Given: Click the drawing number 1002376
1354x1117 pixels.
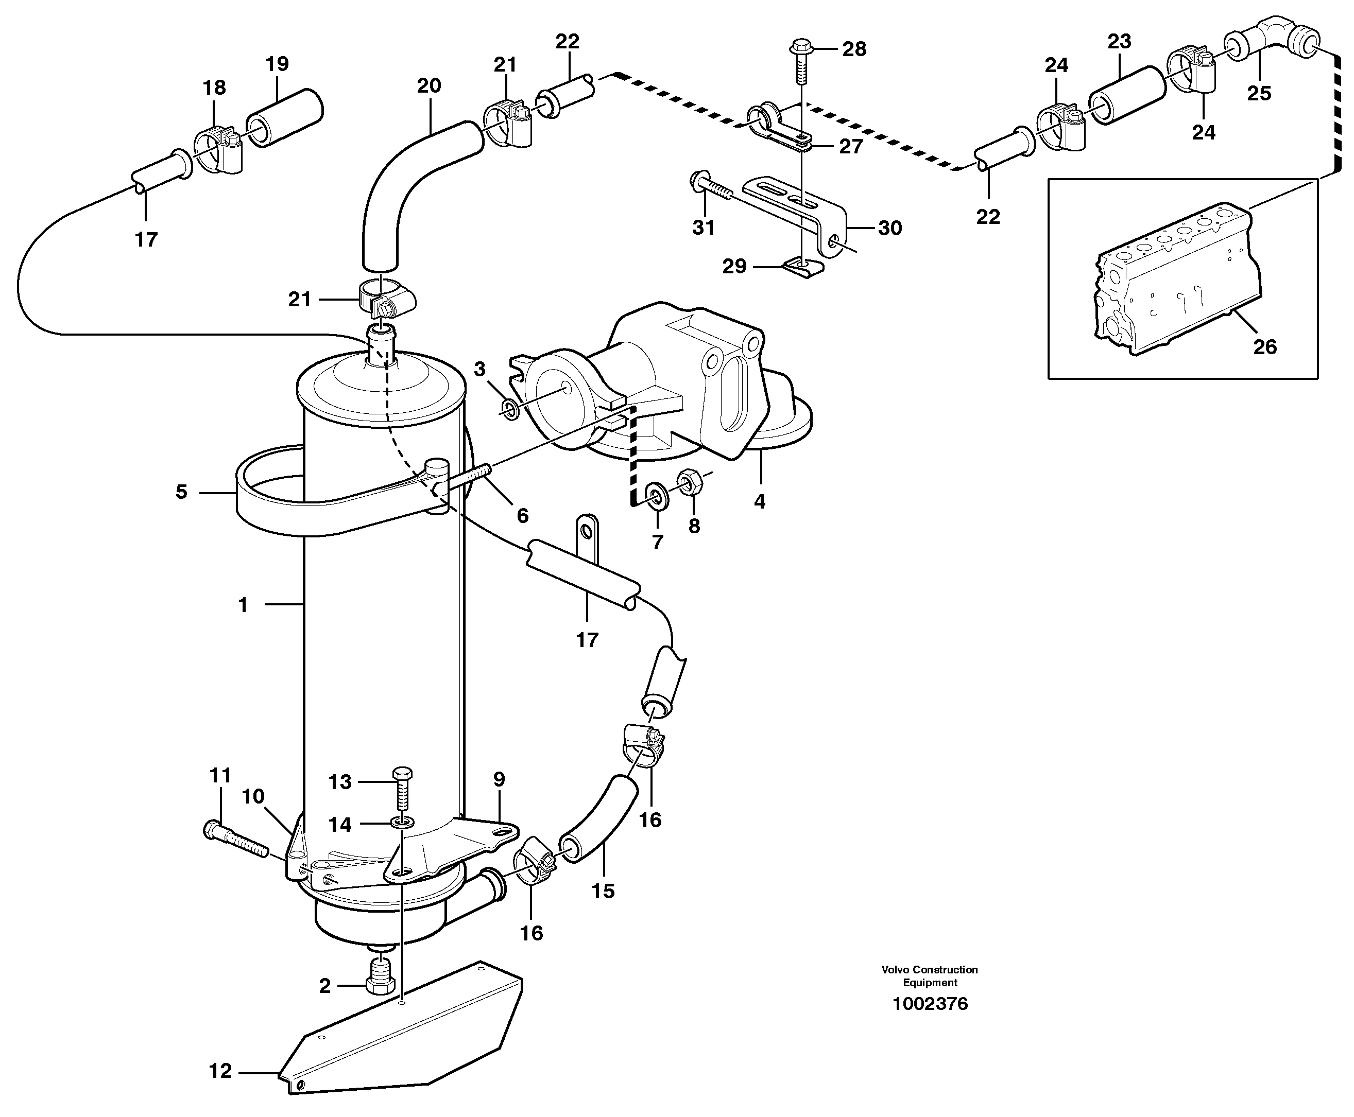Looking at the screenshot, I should click(930, 1004).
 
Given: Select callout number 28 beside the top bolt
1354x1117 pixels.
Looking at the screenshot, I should click(854, 49).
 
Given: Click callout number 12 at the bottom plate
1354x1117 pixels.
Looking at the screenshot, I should click(220, 1071).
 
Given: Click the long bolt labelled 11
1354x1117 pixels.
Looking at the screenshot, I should click(235, 840).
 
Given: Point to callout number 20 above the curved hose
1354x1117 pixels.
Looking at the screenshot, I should click(429, 85).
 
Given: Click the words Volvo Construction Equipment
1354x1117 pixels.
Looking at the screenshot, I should click(930, 975).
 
